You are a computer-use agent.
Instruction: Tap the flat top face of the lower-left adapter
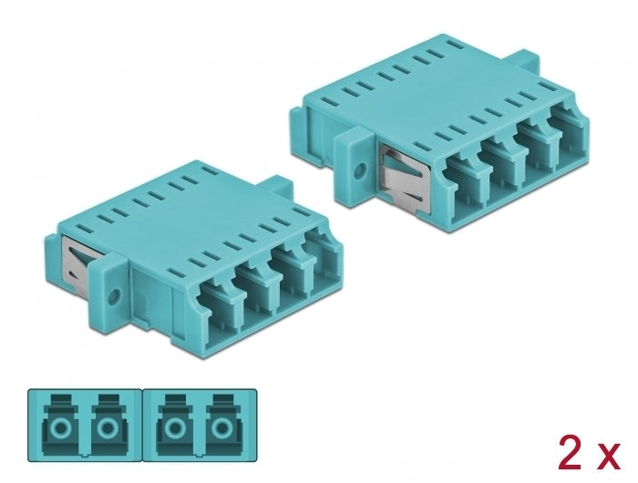pyautogui.click(x=173, y=210)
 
